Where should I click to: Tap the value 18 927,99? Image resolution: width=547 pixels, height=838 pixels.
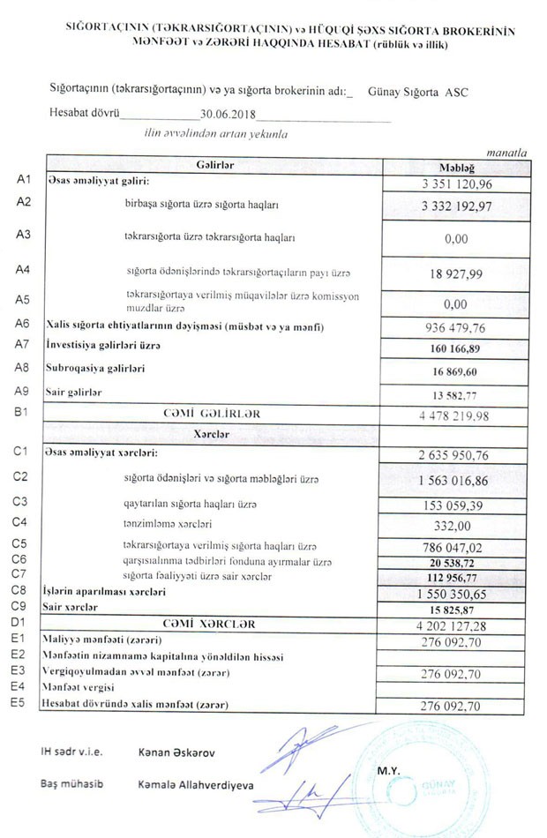(456, 274)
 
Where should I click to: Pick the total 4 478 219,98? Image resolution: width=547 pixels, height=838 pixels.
(455, 414)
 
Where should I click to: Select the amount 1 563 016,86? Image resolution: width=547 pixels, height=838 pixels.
(455, 480)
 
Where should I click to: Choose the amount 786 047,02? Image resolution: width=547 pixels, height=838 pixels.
(456, 547)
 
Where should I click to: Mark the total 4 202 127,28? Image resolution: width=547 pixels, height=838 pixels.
(455, 625)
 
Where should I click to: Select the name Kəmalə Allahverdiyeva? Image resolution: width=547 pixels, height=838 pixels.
(195, 784)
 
